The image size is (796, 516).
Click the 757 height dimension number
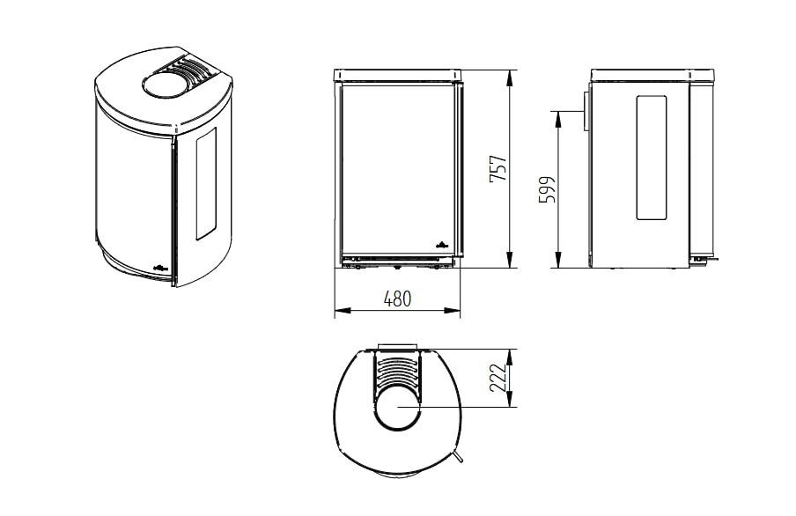[x=498, y=169]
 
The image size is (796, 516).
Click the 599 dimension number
[x=547, y=189]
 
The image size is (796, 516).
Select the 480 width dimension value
[x=398, y=299]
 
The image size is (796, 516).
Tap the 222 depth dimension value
[x=497, y=378]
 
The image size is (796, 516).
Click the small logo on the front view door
[x=443, y=244]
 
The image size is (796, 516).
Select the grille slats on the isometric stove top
[x=188, y=70]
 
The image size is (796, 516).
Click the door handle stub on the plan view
[x=459, y=455]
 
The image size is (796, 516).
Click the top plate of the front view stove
[x=398, y=74]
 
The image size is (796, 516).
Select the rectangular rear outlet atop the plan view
[x=397, y=348]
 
